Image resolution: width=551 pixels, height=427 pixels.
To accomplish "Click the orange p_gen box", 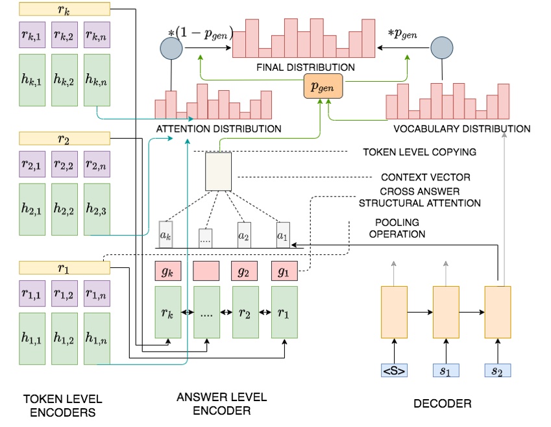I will coord(323,86).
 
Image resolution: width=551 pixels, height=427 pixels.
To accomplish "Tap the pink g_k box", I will coord(168,272).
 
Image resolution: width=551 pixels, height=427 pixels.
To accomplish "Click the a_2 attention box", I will coord(244,235).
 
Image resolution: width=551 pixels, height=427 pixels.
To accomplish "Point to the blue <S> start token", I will coord(395,371).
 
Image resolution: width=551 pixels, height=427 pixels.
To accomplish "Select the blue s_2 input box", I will coord(498,371).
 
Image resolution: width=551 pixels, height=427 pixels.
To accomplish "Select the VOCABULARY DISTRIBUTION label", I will coord(458,128).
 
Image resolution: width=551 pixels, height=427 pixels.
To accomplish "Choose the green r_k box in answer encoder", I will coord(168,312).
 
